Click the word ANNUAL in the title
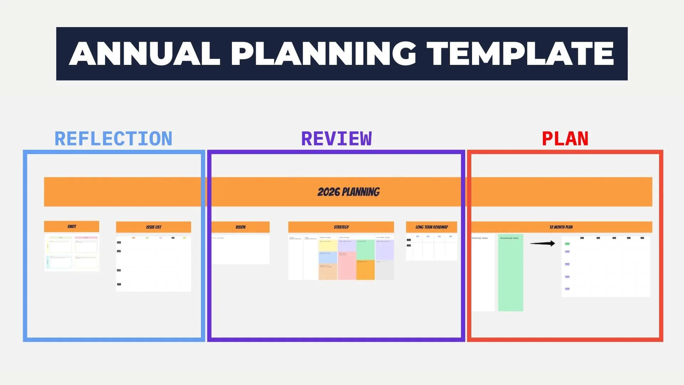144,53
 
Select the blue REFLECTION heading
113,139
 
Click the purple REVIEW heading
336,139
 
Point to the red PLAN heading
565,139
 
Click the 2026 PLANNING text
348,192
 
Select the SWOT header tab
72,226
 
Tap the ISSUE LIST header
154,227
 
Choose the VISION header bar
240,227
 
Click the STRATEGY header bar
341,227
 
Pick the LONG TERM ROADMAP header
431,227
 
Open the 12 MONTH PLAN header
561,227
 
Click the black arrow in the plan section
542,243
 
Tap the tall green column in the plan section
511,273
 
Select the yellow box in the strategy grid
328,246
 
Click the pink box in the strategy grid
347,266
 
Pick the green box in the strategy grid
365,250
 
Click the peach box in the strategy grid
328,272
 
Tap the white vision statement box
240,250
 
